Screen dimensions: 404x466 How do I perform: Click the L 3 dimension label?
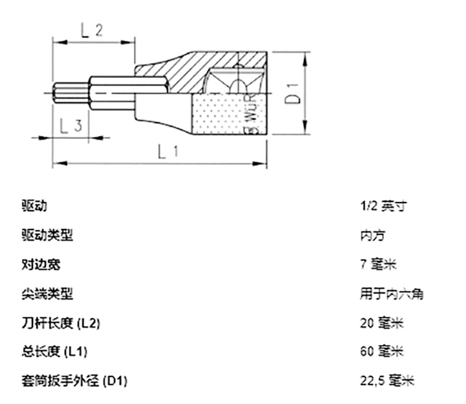click(x=70, y=125)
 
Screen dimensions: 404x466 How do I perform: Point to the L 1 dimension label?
click(x=168, y=152)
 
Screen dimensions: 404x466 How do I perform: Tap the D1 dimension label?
click(x=293, y=94)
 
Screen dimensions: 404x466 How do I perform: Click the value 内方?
click(x=372, y=236)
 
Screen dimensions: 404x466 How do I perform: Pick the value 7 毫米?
click(x=378, y=264)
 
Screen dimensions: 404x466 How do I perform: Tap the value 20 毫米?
click(x=381, y=323)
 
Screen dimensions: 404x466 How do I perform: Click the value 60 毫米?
click(x=381, y=352)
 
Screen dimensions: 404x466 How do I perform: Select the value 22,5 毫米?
click(x=387, y=381)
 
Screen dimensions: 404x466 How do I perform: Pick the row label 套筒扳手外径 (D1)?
click(x=74, y=381)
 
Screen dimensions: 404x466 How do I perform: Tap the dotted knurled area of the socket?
click(x=218, y=115)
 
